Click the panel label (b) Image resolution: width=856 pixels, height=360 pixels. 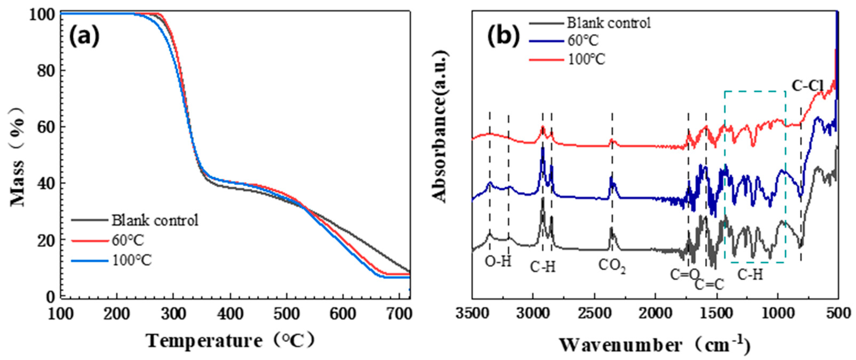click(x=503, y=36)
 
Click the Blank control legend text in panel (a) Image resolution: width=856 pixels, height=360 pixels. click(x=155, y=220)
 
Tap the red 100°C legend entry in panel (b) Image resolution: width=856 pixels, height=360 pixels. click(x=586, y=59)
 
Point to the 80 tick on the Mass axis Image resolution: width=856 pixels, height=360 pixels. click(x=45, y=71)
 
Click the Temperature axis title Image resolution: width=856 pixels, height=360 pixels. click(x=230, y=341)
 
